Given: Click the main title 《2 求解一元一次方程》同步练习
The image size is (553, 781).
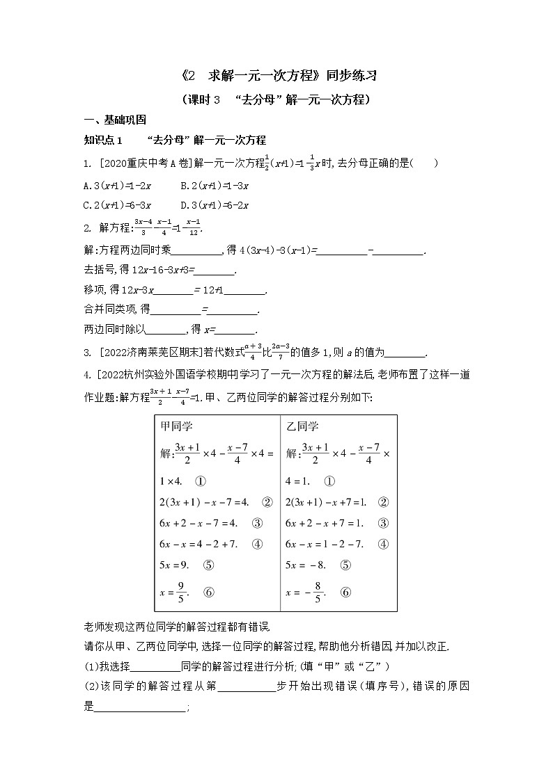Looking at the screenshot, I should [277, 75].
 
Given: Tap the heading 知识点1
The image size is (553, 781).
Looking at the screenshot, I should [103, 140].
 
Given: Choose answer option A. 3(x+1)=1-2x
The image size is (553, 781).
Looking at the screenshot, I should [117, 185].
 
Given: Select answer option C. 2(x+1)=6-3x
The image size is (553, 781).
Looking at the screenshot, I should [117, 205].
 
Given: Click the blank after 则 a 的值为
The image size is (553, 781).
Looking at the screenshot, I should [405, 353].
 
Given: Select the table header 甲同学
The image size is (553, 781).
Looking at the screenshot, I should [177, 426].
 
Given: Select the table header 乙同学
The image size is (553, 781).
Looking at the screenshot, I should [302, 426].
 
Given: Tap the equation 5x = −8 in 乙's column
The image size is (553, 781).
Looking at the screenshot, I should [308, 565].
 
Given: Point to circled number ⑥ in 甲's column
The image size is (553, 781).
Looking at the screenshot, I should [208, 593].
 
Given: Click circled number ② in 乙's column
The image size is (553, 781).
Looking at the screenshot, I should [383, 501].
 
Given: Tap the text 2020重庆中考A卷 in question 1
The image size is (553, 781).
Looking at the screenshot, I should [137, 164].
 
